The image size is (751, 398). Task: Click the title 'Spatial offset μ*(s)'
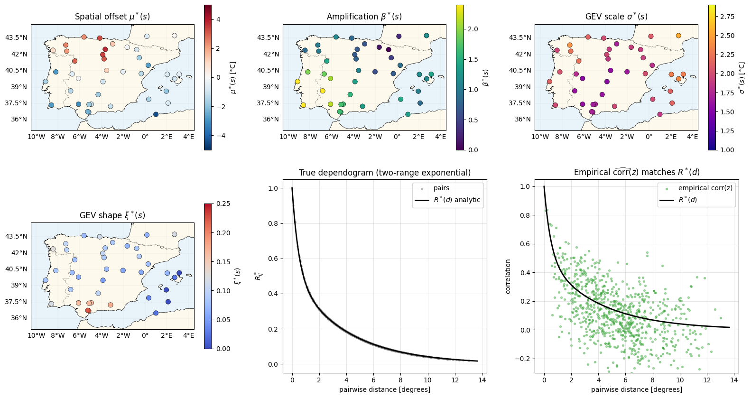tap(112, 17)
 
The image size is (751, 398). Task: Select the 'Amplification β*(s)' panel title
tap(364, 17)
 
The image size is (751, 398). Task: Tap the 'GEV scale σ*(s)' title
tap(616, 17)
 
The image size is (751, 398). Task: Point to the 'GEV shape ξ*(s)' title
tap(112, 215)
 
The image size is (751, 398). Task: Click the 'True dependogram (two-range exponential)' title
tap(384, 173)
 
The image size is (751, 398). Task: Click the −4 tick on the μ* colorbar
tap(222, 136)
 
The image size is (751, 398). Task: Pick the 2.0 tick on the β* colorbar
tap(473, 29)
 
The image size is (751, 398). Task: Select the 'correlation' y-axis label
tap(508, 277)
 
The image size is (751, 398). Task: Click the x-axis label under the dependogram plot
tap(384, 389)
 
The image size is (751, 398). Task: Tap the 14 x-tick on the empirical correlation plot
tap(734, 380)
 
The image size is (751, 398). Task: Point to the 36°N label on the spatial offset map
tap(19, 120)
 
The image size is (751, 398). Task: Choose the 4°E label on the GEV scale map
tap(692, 137)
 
